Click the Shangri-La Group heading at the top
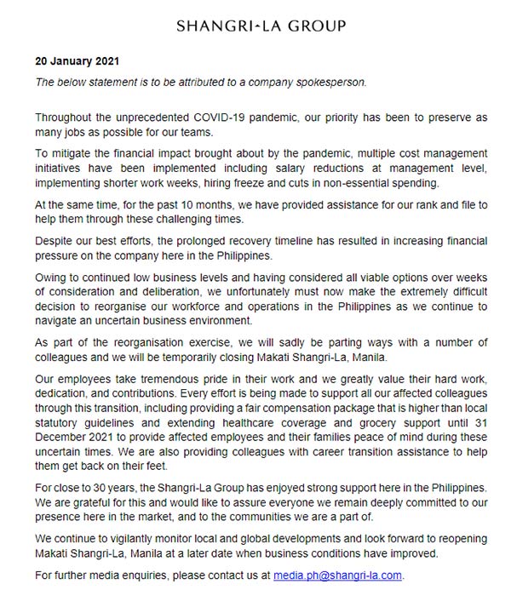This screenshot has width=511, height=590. click(x=261, y=26)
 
